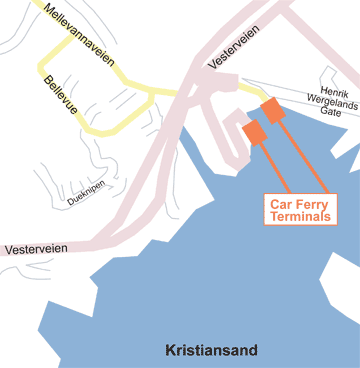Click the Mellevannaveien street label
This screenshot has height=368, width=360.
pos(73,30)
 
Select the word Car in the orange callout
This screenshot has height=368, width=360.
pos(281,202)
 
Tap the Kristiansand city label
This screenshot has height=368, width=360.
pos(211,350)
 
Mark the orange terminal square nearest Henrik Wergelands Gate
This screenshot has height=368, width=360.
pos(273,110)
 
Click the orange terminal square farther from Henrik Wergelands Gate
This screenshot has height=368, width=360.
pos(253,132)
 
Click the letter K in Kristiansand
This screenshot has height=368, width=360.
pos(170,350)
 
